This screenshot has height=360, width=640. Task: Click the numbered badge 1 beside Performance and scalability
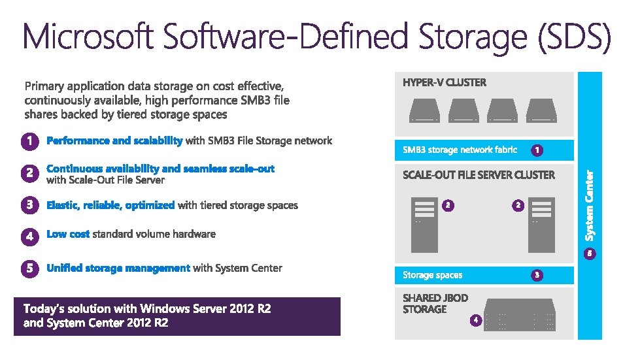pyautogui.click(x=29, y=141)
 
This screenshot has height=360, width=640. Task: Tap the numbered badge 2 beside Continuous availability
pyautogui.click(x=29, y=173)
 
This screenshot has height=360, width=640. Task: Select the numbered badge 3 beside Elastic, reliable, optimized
pyautogui.click(x=29, y=205)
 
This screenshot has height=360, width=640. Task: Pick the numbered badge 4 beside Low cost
pyautogui.click(x=29, y=235)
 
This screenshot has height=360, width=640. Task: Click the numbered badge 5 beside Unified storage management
pyautogui.click(x=29, y=269)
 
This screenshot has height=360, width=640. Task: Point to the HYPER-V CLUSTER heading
pyautogui.click(x=445, y=82)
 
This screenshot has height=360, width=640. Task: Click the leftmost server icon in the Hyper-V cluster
pyautogui.click(x=426, y=110)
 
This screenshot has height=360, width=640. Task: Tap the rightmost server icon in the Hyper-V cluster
pyautogui.click(x=542, y=110)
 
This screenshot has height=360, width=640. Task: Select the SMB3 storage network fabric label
pyautogui.click(x=460, y=150)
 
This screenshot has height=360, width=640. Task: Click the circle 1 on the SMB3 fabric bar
pyautogui.click(x=536, y=150)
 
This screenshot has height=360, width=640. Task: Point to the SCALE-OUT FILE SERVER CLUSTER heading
pyautogui.click(x=479, y=175)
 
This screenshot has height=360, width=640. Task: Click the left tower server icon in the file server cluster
pyautogui.click(x=425, y=224)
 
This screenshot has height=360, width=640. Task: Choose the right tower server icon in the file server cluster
pyautogui.click(x=541, y=224)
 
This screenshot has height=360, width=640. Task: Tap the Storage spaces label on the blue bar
pyautogui.click(x=432, y=275)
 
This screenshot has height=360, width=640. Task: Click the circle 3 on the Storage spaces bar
pyautogui.click(x=536, y=275)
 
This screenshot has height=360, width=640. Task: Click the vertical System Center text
pyautogui.click(x=589, y=205)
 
